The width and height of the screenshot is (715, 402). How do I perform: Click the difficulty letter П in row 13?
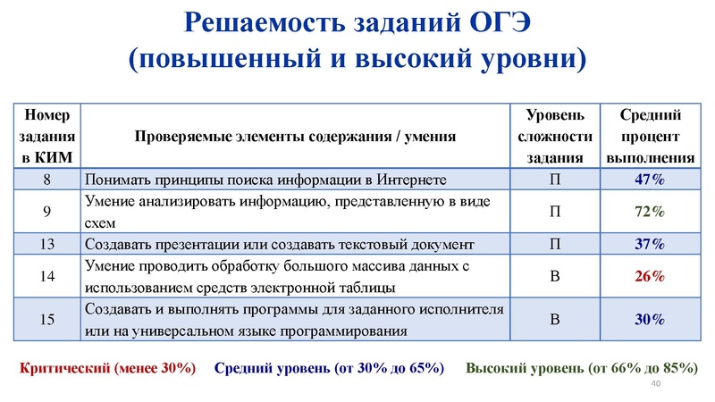555,243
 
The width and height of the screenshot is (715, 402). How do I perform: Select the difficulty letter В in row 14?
555,276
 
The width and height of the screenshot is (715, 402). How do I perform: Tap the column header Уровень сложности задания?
555,136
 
